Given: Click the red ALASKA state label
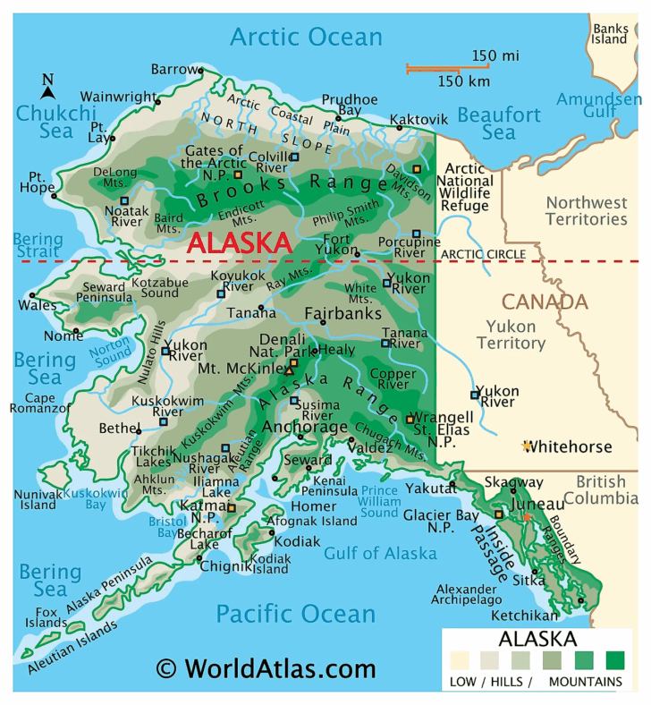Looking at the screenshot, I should [239, 242].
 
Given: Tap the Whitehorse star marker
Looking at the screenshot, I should [528, 446].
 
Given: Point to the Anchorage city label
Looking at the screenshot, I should [305, 427].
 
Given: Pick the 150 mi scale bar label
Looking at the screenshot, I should [495, 56].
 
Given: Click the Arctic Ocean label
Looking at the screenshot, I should [306, 37].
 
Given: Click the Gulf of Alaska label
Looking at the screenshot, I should [380, 553].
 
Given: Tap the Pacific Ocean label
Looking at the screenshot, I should [295, 614].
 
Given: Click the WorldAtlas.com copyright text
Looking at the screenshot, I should [266, 668].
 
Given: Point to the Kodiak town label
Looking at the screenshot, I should [296, 541].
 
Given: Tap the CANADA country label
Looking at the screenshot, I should [544, 302].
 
